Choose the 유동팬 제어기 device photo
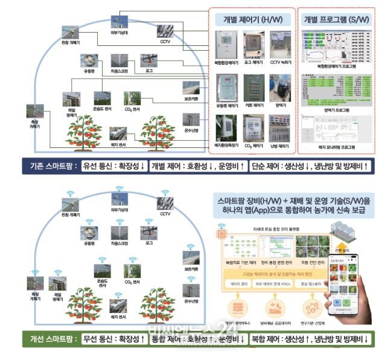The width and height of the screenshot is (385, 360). pos(227,88)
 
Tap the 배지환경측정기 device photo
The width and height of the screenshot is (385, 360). pos(227,129)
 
